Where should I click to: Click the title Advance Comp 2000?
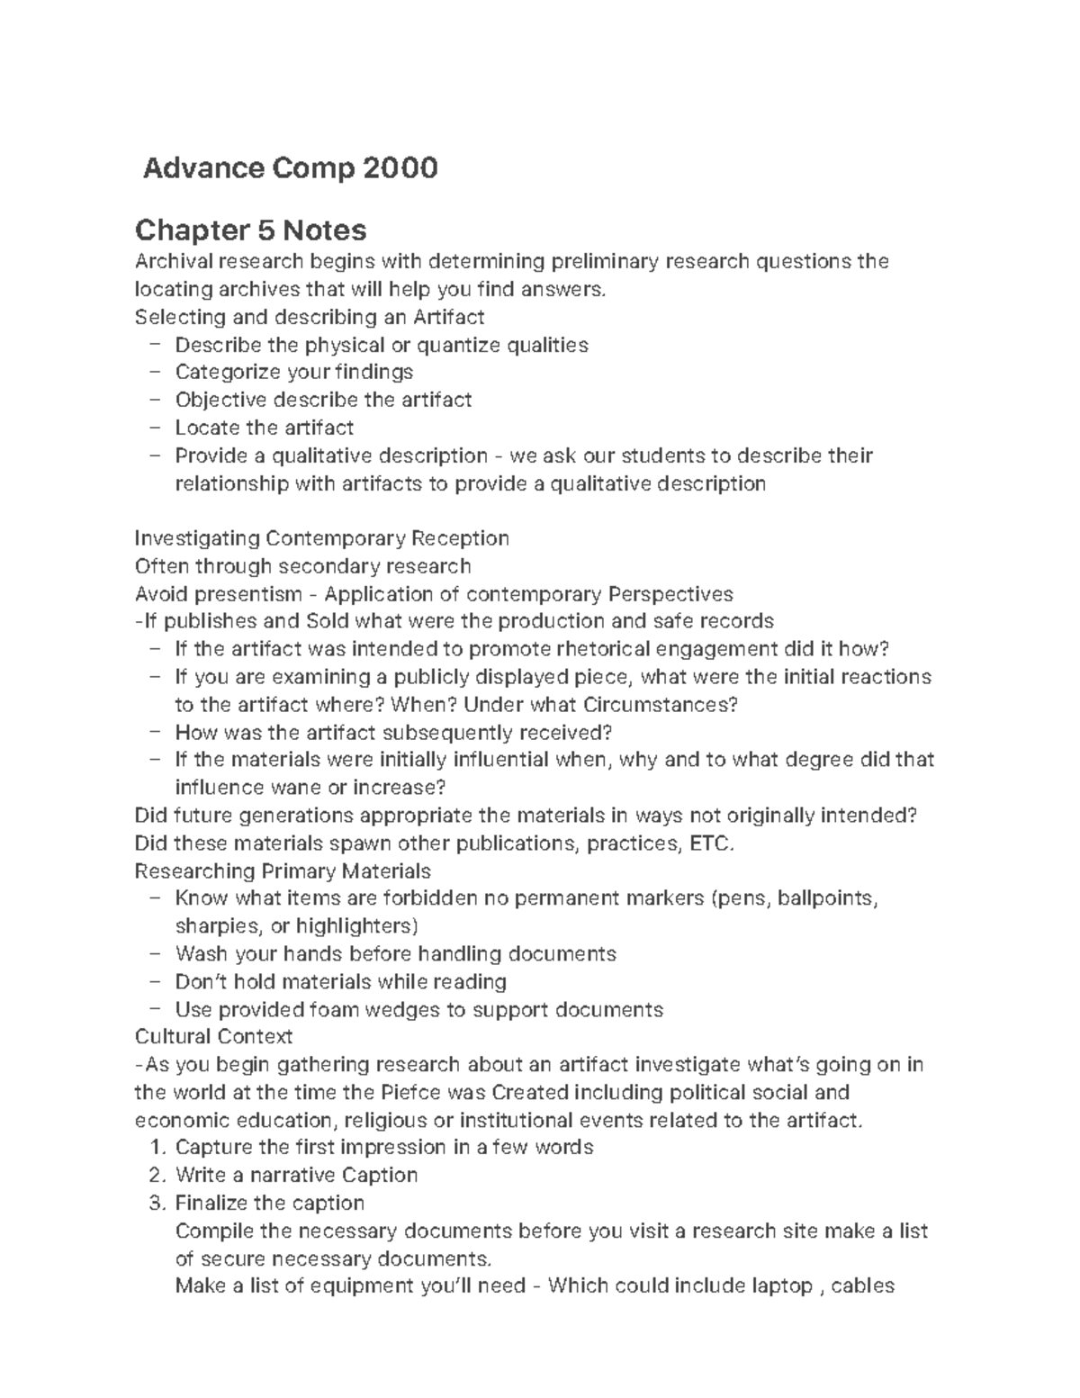coord(290,167)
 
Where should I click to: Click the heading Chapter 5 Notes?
coord(250,230)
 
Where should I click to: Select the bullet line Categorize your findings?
coord(293,372)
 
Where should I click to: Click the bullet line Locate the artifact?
coord(264,428)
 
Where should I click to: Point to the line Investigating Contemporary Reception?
coord(321,538)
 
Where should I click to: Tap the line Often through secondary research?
coord(302,566)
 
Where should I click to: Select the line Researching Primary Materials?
coord(282,871)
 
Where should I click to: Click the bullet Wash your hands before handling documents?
coord(395,953)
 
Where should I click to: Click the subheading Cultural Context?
coord(213,1037)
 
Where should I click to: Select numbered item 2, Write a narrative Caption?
coord(296,1175)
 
